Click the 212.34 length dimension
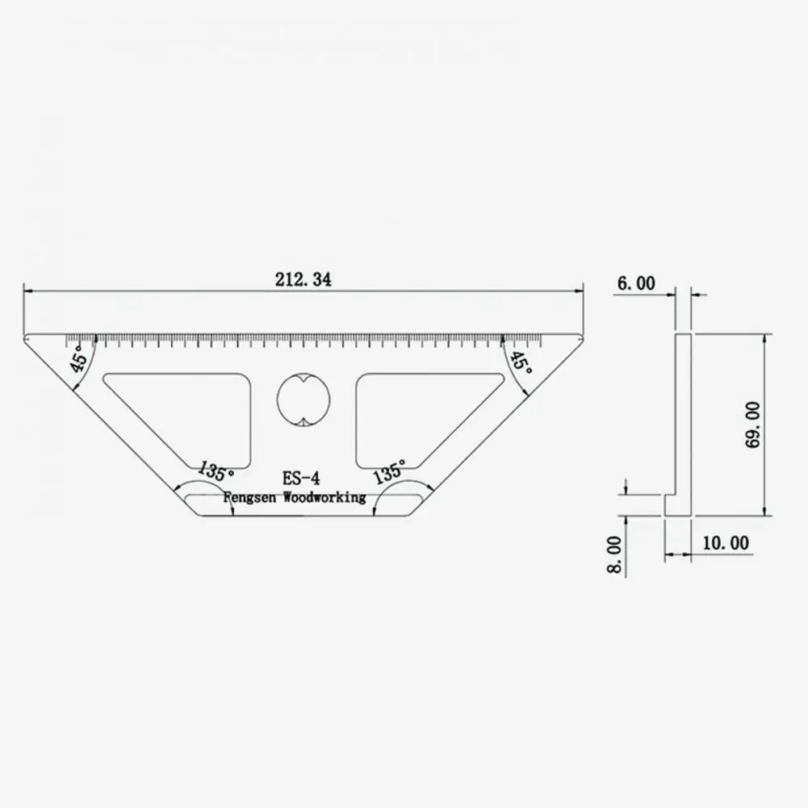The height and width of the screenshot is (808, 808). tap(303, 280)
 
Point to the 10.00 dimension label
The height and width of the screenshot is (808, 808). tap(725, 543)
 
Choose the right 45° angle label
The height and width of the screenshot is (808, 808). tap(521, 365)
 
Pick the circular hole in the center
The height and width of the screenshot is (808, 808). tap(304, 399)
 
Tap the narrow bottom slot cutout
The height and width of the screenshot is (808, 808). tap(304, 506)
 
